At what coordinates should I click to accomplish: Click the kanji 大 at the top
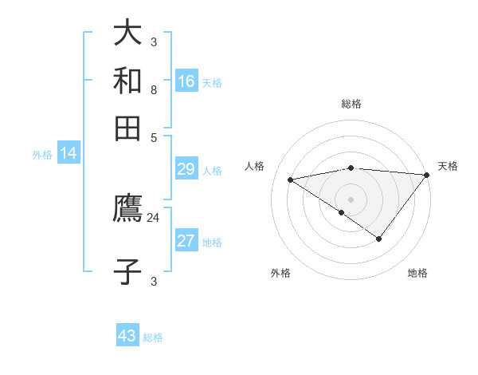coord(127,32)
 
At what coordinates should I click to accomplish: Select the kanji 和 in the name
coord(127,81)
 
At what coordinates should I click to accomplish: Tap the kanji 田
coord(127,128)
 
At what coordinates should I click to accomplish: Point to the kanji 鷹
coord(127,207)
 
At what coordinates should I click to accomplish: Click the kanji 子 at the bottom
coord(127,271)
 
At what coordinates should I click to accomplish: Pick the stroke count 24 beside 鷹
coord(153,218)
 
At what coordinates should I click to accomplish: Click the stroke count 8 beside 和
coord(154,90)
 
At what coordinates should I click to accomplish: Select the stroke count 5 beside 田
coord(154,138)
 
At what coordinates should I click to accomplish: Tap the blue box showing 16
coord(186,81)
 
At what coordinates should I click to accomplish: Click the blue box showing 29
coord(186,168)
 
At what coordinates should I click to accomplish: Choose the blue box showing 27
coord(186,239)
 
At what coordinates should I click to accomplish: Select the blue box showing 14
coord(69,152)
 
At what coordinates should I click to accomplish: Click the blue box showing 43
coord(127,334)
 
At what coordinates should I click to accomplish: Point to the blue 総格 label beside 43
coord(153,337)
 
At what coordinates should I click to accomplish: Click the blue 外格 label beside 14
coord(42,155)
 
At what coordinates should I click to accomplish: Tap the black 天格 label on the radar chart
coord(448,166)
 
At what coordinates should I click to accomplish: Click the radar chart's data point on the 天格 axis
coord(427,175)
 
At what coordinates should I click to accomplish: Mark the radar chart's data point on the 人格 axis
coord(290,180)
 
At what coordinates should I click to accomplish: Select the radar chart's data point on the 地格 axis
coord(378,239)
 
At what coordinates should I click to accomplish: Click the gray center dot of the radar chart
coord(351,199)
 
